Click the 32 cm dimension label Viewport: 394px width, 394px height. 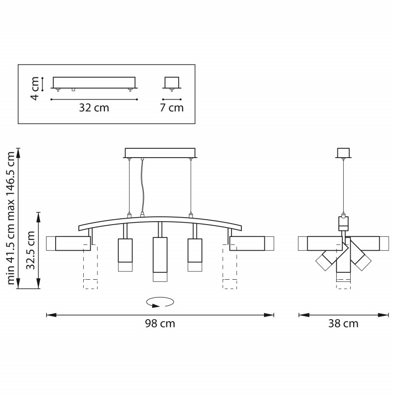(x=94, y=108)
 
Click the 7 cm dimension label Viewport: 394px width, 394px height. (x=171, y=108)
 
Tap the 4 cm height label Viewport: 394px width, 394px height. (x=34, y=89)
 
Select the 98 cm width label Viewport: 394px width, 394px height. (x=160, y=324)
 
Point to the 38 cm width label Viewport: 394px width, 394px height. (x=343, y=324)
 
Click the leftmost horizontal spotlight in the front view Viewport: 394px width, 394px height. (x=72, y=243)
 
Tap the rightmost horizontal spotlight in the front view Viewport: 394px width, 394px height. (x=247, y=243)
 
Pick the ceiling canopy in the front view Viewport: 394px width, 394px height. (x=160, y=153)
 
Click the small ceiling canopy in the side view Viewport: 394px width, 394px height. (x=343, y=153)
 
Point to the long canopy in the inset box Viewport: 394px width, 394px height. (x=94, y=82)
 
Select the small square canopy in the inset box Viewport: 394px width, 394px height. (x=171, y=82)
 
